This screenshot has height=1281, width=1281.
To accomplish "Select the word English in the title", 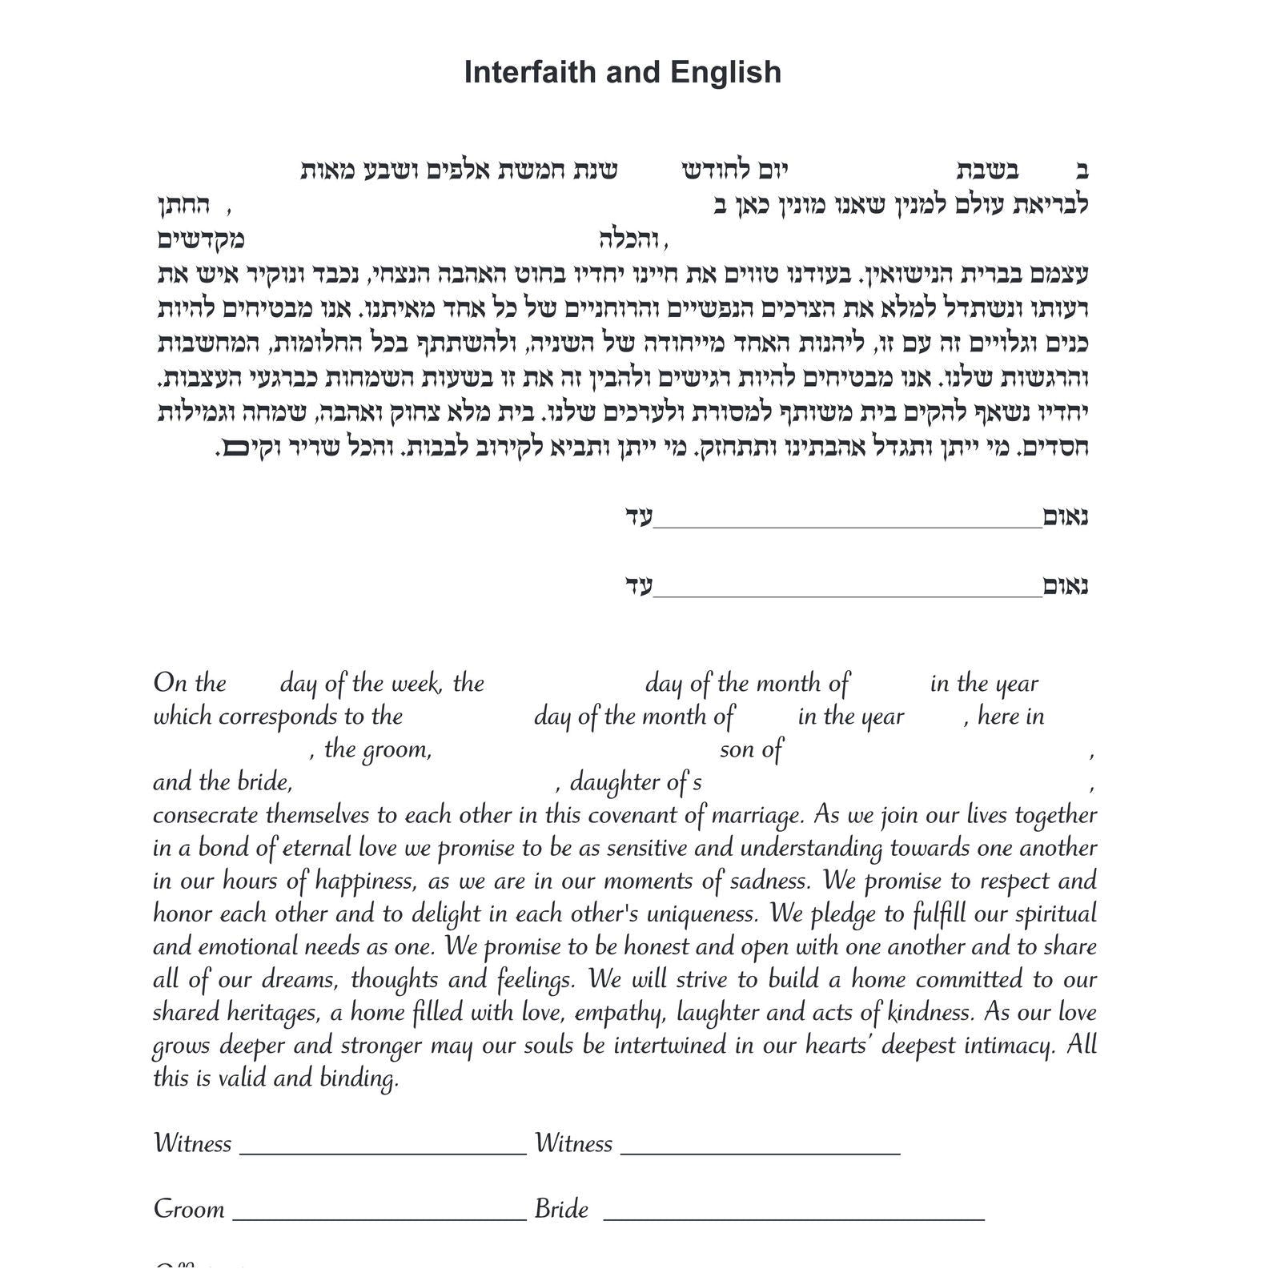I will [x=726, y=72].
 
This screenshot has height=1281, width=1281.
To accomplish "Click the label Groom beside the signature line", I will [x=189, y=1209].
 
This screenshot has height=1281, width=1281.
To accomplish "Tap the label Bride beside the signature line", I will [x=561, y=1209].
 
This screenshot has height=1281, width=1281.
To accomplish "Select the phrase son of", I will [x=750, y=749].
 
